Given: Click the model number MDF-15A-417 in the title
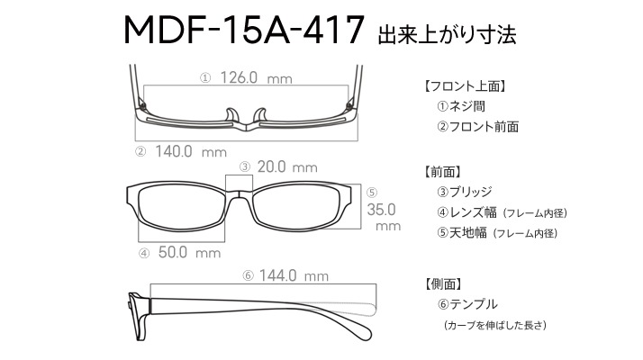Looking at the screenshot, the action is pos(244,30).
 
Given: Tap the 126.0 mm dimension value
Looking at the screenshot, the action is pos(257,77).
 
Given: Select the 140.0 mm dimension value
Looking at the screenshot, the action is pos(191,152).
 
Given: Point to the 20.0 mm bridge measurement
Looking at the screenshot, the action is pos(287,166).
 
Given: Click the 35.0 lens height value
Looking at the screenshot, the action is pos(381,210).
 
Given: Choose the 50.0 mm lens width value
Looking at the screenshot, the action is pos(189,252).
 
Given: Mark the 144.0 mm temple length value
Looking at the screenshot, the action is pos(294,275).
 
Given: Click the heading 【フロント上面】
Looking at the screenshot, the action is pos(465,86).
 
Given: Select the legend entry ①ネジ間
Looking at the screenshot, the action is pos(461,106).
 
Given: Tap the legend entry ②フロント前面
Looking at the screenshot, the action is pos(477,127).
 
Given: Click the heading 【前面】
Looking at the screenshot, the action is pos(442,172).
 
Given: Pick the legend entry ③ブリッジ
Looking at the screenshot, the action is pos(465,192).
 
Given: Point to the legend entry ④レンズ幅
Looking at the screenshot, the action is pos(466,212).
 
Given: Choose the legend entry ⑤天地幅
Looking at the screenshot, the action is pos(462,233).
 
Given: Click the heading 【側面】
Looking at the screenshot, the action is pos(443,283).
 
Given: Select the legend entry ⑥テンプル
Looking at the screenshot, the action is pos(467,304).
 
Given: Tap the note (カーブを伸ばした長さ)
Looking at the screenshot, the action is pos(495,325).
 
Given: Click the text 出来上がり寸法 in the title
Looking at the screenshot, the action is pos(447,34).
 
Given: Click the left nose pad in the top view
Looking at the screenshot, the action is pos(231,115).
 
